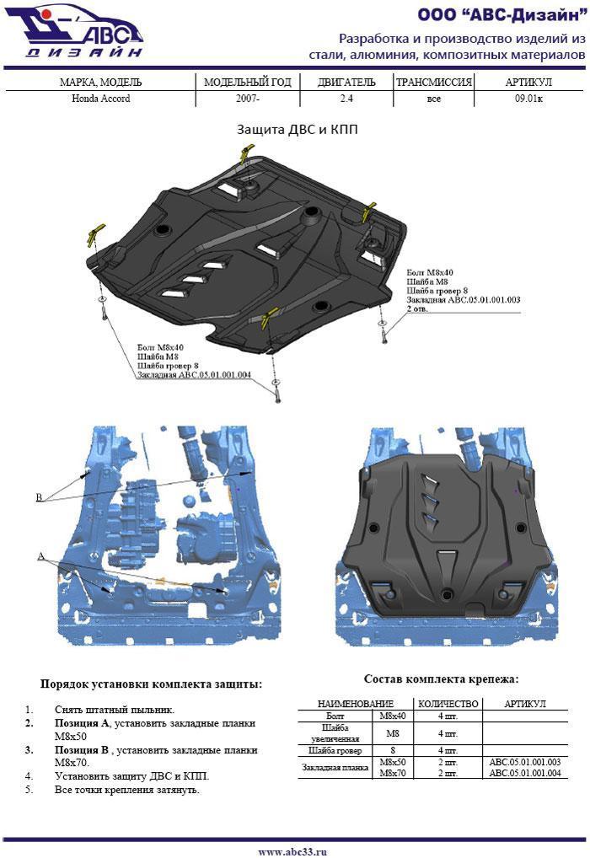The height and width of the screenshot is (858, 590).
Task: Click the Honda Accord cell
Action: point(100,99)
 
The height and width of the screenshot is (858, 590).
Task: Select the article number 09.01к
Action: point(528,99)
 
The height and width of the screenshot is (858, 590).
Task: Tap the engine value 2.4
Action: point(346,99)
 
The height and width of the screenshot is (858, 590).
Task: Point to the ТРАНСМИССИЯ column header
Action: point(434,83)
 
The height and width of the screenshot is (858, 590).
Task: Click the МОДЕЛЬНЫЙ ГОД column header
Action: point(248,83)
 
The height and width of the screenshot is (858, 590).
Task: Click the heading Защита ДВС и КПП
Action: point(298,130)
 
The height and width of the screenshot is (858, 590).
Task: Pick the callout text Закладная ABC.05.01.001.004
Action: point(195,375)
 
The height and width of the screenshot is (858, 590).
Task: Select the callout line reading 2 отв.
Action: point(417,308)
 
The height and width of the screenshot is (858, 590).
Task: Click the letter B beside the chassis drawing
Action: point(39,497)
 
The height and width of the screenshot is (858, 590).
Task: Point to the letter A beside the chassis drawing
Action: point(40,556)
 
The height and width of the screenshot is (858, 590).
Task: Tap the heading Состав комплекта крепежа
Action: point(441,679)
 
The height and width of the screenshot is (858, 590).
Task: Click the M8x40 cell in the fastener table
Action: point(393,716)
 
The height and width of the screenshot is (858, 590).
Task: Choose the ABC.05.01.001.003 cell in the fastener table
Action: point(525,762)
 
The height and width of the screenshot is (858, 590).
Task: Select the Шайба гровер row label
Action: point(335,750)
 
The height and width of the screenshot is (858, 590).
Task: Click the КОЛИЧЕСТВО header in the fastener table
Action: point(448,704)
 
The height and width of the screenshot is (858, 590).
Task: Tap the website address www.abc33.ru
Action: point(292,851)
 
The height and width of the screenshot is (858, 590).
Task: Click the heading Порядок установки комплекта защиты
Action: point(151,684)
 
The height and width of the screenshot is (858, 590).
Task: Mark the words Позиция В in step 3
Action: point(82,749)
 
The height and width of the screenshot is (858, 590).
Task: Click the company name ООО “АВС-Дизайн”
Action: point(501,15)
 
